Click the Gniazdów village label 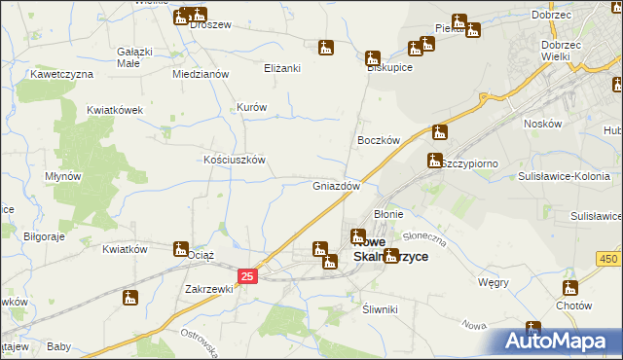pos(337,185)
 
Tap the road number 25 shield pos(247,277)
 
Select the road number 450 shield pos(608,258)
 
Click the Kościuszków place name pos(234,160)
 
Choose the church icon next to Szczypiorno pos(434,161)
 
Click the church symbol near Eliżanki pos(325,48)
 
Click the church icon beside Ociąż pos(181,249)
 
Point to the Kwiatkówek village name pos(115,110)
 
